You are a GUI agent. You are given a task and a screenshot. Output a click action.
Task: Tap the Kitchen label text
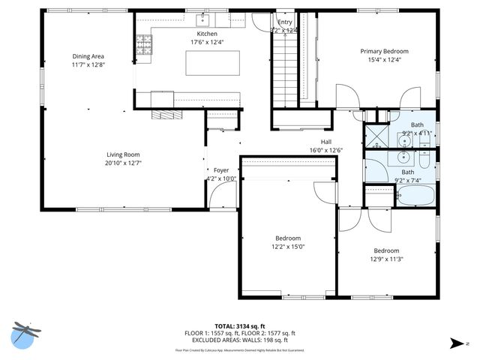click(207, 34)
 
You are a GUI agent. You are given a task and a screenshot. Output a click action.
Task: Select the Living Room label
click(123, 153)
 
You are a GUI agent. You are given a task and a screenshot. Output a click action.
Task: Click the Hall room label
click(326, 141)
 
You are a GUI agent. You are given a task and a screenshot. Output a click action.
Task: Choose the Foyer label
click(220, 170)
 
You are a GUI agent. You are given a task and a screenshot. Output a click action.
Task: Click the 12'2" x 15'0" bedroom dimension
click(287, 247)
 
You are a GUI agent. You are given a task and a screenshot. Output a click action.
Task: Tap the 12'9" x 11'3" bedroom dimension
click(386, 259)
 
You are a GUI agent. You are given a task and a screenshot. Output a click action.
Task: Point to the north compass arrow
click(455, 343)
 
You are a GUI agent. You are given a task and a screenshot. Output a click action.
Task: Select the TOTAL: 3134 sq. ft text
click(240, 326)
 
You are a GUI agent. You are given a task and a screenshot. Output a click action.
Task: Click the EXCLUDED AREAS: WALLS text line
click(240, 340)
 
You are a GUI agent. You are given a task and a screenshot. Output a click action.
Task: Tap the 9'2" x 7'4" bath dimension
click(407, 181)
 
